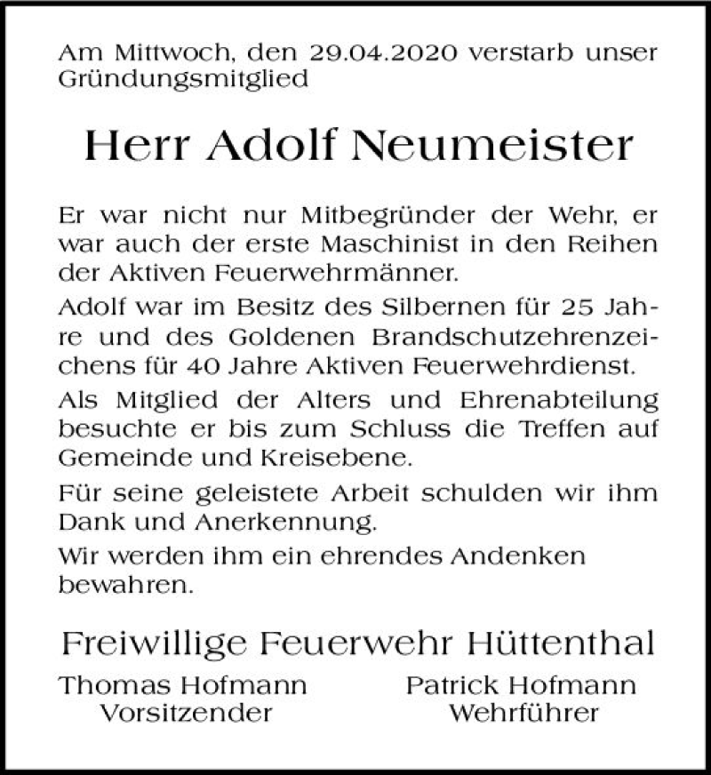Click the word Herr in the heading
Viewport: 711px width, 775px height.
pos(135,145)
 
